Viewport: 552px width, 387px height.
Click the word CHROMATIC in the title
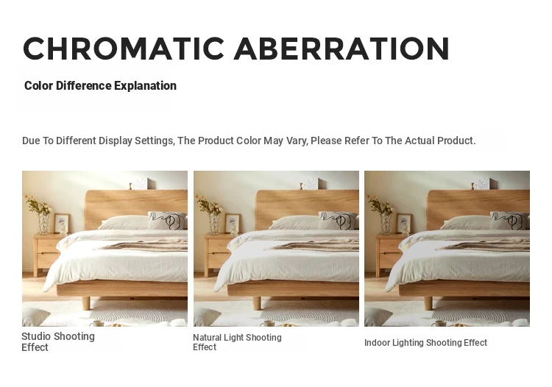pos(124,49)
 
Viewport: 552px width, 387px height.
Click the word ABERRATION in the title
pos(342,49)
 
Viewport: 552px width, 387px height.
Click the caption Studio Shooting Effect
pos(58,341)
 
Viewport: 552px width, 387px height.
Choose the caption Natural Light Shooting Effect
pos(237,342)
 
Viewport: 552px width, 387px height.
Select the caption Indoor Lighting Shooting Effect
pos(425,343)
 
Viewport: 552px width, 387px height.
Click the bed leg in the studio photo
pos(86,303)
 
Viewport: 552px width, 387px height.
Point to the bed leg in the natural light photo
pos(257,303)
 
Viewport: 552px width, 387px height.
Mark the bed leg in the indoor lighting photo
pos(428,303)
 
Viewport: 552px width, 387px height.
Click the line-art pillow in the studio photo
pos(167,221)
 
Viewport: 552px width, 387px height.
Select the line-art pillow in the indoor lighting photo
pos(509,221)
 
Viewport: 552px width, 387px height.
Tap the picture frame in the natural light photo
pos(233,224)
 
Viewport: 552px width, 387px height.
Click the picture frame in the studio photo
pos(61,224)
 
